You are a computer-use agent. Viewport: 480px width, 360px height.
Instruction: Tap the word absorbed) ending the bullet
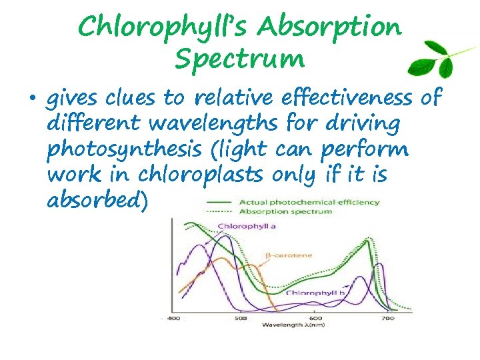[98, 200]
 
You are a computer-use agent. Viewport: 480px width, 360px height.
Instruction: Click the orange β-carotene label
[289, 255]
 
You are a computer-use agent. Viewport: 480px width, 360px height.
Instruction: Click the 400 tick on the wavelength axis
[174, 319]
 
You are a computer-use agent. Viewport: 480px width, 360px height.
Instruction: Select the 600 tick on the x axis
[315, 319]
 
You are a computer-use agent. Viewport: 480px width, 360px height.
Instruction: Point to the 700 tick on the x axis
[387, 319]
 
